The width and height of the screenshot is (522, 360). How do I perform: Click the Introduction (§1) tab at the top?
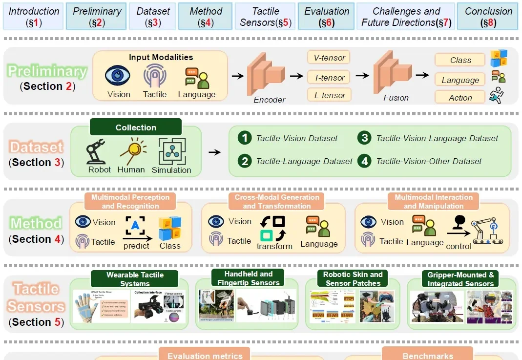coord(34,16)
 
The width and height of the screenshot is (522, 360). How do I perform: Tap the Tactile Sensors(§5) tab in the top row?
coord(266,16)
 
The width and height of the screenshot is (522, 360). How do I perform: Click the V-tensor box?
coord(330,58)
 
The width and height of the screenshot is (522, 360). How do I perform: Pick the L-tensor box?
coord(330,95)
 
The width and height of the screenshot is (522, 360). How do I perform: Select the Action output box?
coord(460,98)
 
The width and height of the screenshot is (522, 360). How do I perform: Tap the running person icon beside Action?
coord(497,95)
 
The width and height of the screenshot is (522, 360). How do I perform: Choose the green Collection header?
coord(136,127)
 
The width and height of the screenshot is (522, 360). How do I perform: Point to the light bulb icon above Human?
coord(131,150)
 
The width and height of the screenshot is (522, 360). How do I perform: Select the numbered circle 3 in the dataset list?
coord(364,138)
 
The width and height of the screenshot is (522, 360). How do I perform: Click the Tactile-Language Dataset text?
coord(304,161)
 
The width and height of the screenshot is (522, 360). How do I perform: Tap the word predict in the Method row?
coord(136,246)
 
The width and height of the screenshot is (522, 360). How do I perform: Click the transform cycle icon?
coord(272,228)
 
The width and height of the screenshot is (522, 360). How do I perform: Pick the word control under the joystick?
coord(459,246)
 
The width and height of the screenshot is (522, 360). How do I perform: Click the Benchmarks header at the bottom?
coord(428,356)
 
